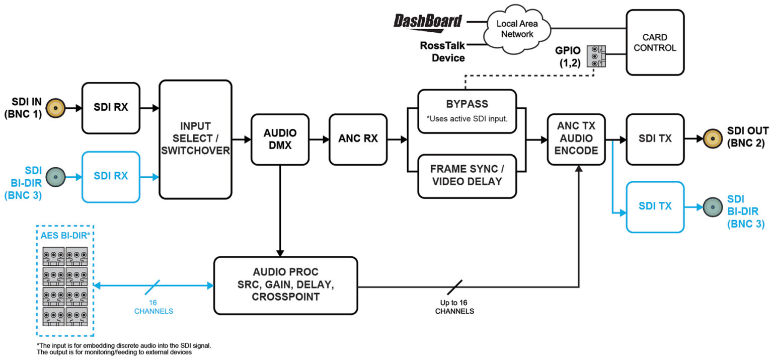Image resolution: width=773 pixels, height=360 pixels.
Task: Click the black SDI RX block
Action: pyautogui.click(x=111, y=108)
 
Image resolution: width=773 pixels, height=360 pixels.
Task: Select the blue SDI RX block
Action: pyautogui.click(x=111, y=177)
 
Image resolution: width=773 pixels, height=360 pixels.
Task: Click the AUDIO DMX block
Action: pyautogui.click(x=280, y=139)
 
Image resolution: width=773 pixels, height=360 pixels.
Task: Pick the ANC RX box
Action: pyautogui.click(x=358, y=139)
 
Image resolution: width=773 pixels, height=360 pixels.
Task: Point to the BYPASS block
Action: pyautogui.click(x=467, y=111)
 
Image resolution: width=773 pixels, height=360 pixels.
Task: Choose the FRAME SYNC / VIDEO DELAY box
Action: pyautogui.click(x=467, y=176)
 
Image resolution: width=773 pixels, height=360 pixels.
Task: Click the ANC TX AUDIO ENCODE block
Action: pyautogui.click(x=575, y=139)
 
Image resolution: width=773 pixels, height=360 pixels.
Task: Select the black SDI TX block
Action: pyautogui.click(x=655, y=139)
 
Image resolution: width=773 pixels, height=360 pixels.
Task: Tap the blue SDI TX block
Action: pyautogui.click(x=655, y=206)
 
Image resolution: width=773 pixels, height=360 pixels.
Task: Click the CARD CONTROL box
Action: pyautogui.click(x=655, y=43)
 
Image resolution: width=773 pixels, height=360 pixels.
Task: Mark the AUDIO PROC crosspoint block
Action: pyautogui.click(x=285, y=285)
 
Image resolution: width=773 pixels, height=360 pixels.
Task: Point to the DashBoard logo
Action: pyautogui.click(x=427, y=21)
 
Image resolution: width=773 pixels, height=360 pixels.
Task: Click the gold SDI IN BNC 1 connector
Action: pyautogui.click(x=55, y=108)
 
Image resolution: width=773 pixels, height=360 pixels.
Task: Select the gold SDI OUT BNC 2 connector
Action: pyautogui.click(x=712, y=138)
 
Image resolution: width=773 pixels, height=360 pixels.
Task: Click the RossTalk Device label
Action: pyautogui.click(x=442, y=52)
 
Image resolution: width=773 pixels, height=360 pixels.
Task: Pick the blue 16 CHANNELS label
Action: pyautogui.click(x=153, y=307)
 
